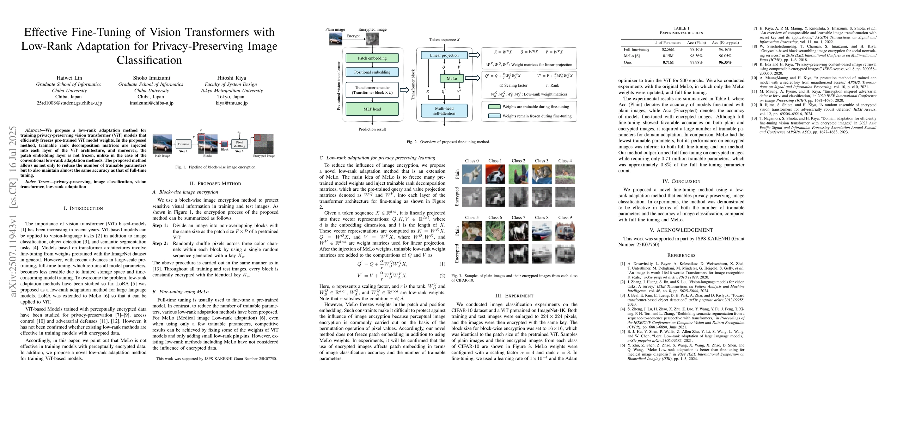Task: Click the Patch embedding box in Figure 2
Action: (372, 58)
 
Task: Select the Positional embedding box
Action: (372, 72)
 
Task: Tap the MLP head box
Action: (372, 109)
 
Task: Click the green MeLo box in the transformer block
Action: (452, 79)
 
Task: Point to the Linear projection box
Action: (444, 55)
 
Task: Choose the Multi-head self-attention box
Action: (444, 111)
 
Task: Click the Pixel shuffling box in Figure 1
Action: (239, 144)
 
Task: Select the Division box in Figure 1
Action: (183, 144)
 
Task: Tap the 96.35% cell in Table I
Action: (725, 62)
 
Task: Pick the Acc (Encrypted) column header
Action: (725, 43)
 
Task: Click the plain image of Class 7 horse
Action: (519, 231)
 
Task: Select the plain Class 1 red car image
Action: (495, 174)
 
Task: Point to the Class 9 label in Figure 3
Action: (565, 217)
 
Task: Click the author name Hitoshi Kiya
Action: (232, 78)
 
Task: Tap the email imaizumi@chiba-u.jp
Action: (151, 103)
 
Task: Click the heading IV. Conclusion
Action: (681, 181)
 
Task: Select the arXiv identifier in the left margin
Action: (13, 211)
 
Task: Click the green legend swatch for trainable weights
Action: (494, 107)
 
